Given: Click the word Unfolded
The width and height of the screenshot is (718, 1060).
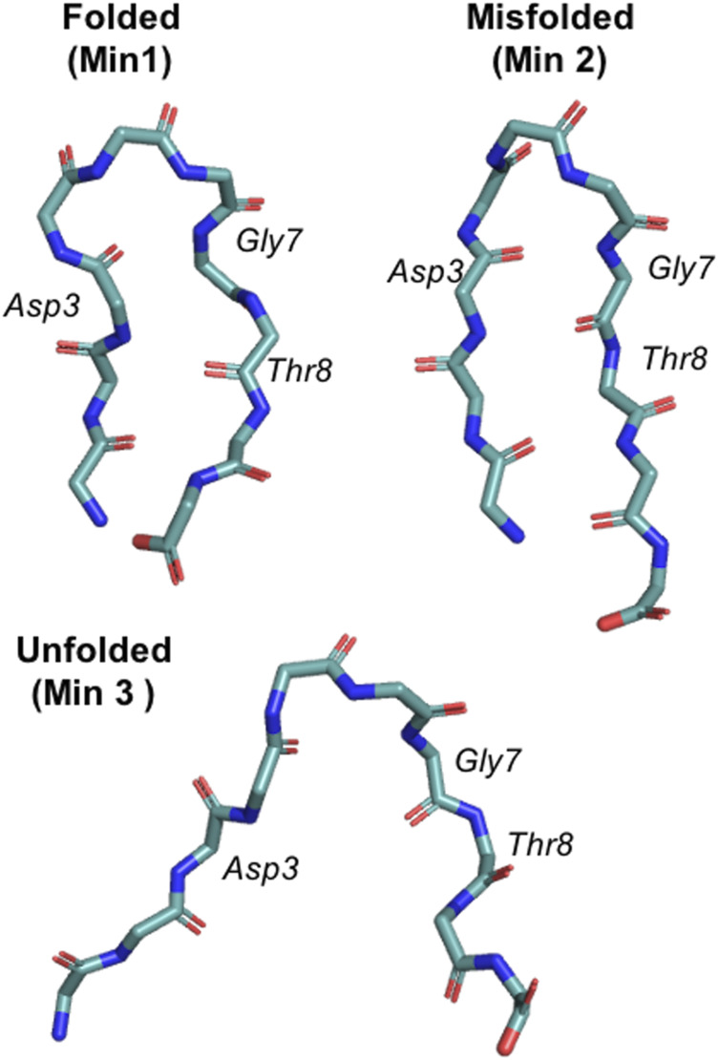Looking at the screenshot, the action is [93, 652].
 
